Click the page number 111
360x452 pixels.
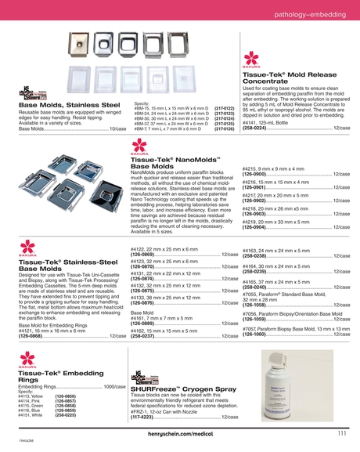pyautogui.click(x=342, y=432)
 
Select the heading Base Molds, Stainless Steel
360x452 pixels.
pyautogui.click(x=69, y=104)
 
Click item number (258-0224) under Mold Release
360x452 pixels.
pyautogui.click(x=260, y=127)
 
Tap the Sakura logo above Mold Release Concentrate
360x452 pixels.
pyautogui.click(x=251, y=60)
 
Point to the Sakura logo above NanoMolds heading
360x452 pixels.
pyautogui.click(x=139, y=146)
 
